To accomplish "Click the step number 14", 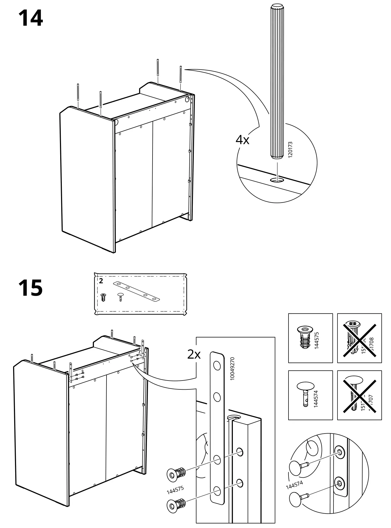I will [31, 18].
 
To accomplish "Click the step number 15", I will [31, 288].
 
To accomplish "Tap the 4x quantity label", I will [242, 140].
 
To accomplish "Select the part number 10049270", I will [232, 369].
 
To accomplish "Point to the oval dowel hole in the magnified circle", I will [277, 180].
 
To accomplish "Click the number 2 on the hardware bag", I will [101, 281].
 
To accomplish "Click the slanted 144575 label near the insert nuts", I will [175, 490].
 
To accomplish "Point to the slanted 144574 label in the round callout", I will [294, 485].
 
